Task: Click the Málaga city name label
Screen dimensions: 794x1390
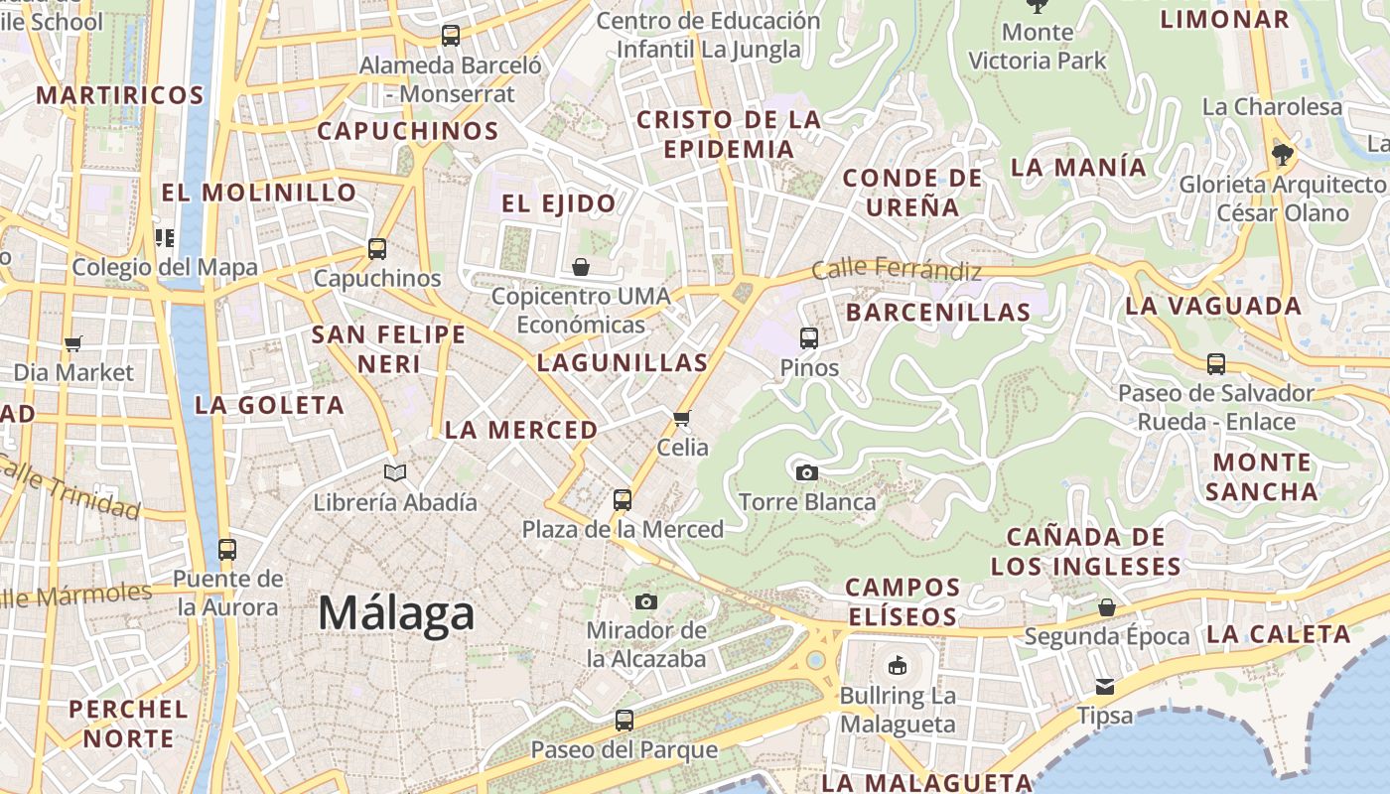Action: pos(396,612)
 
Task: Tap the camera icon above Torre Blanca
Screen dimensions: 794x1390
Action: pos(807,472)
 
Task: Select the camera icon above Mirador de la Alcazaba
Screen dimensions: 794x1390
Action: pos(646,601)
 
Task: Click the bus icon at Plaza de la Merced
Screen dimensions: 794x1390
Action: pos(623,500)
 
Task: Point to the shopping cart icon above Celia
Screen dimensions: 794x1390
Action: pos(682,418)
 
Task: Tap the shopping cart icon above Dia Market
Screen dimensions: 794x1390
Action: pos(73,343)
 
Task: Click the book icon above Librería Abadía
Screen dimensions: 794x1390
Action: pos(395,472)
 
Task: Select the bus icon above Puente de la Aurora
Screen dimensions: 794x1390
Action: pos(227,549)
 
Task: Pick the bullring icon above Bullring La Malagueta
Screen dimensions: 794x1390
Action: pos(898,665)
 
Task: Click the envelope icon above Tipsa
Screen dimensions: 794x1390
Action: pos(1105,687)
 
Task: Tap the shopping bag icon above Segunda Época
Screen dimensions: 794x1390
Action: pos(1107,606)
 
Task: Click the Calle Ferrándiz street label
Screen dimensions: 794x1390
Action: pos(897,269)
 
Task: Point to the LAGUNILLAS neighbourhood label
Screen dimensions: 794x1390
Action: pos(623,363)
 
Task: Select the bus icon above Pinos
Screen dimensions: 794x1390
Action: pos(809,338)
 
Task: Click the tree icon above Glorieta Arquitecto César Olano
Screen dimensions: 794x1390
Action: pos(1282,154)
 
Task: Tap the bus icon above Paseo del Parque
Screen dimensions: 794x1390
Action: pos(624,720)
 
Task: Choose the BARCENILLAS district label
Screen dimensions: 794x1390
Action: pos(938,312)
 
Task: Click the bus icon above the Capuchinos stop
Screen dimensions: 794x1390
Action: pos(377,249)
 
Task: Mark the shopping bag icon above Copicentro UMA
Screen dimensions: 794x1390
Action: pos(581,267)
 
